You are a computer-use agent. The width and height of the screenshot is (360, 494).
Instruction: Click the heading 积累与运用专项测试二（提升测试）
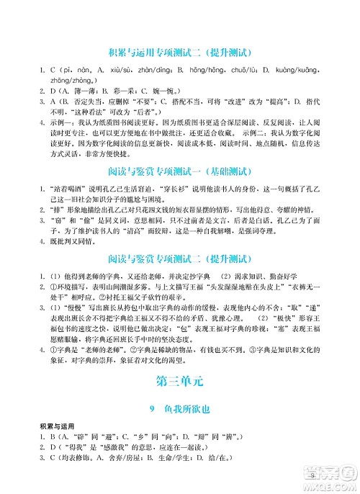pyautogui.click(x=179, y=53)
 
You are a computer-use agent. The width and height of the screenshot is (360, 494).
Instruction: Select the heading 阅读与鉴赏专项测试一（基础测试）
pyautogui.click(x=179, y=171)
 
